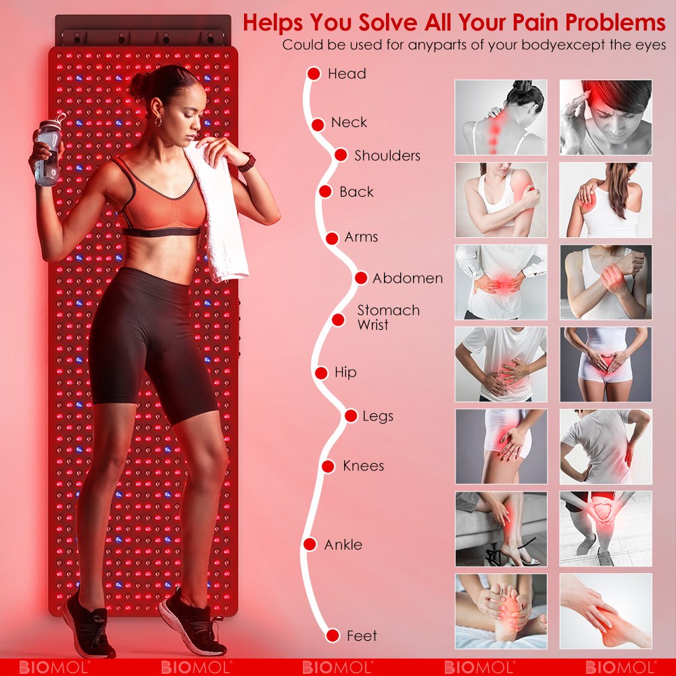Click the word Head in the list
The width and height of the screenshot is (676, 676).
click(x=347, y=74)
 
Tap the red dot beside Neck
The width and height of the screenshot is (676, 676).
click(x=318, y=125)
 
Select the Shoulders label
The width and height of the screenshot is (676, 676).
click(x=387, y=155)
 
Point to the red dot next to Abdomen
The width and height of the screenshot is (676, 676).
click(x=361, y=278)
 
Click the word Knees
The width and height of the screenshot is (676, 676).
click(x=364, y=466)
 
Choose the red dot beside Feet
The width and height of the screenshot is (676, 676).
click(x=333, y=635)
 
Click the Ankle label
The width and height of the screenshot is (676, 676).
click(x=343, y=544)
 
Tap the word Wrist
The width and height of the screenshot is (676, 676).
click(x=373, y=324)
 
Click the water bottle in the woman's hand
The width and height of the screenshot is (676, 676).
click(x=48, y=151)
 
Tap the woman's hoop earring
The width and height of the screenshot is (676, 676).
click(x=158, y=121)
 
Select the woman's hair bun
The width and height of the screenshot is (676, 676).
click(x=139, y=85)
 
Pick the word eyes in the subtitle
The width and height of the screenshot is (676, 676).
click(x=650, y=45)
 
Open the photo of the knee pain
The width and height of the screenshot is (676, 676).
click(x=606, y=529)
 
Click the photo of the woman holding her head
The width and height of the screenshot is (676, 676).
click(x=606, y=117)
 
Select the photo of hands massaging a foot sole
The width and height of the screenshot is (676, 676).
click(x=501, y=611)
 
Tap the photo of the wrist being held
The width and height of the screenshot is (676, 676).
click(x=606, y=282)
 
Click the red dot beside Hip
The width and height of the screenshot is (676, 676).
click(x=321, y=372)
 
